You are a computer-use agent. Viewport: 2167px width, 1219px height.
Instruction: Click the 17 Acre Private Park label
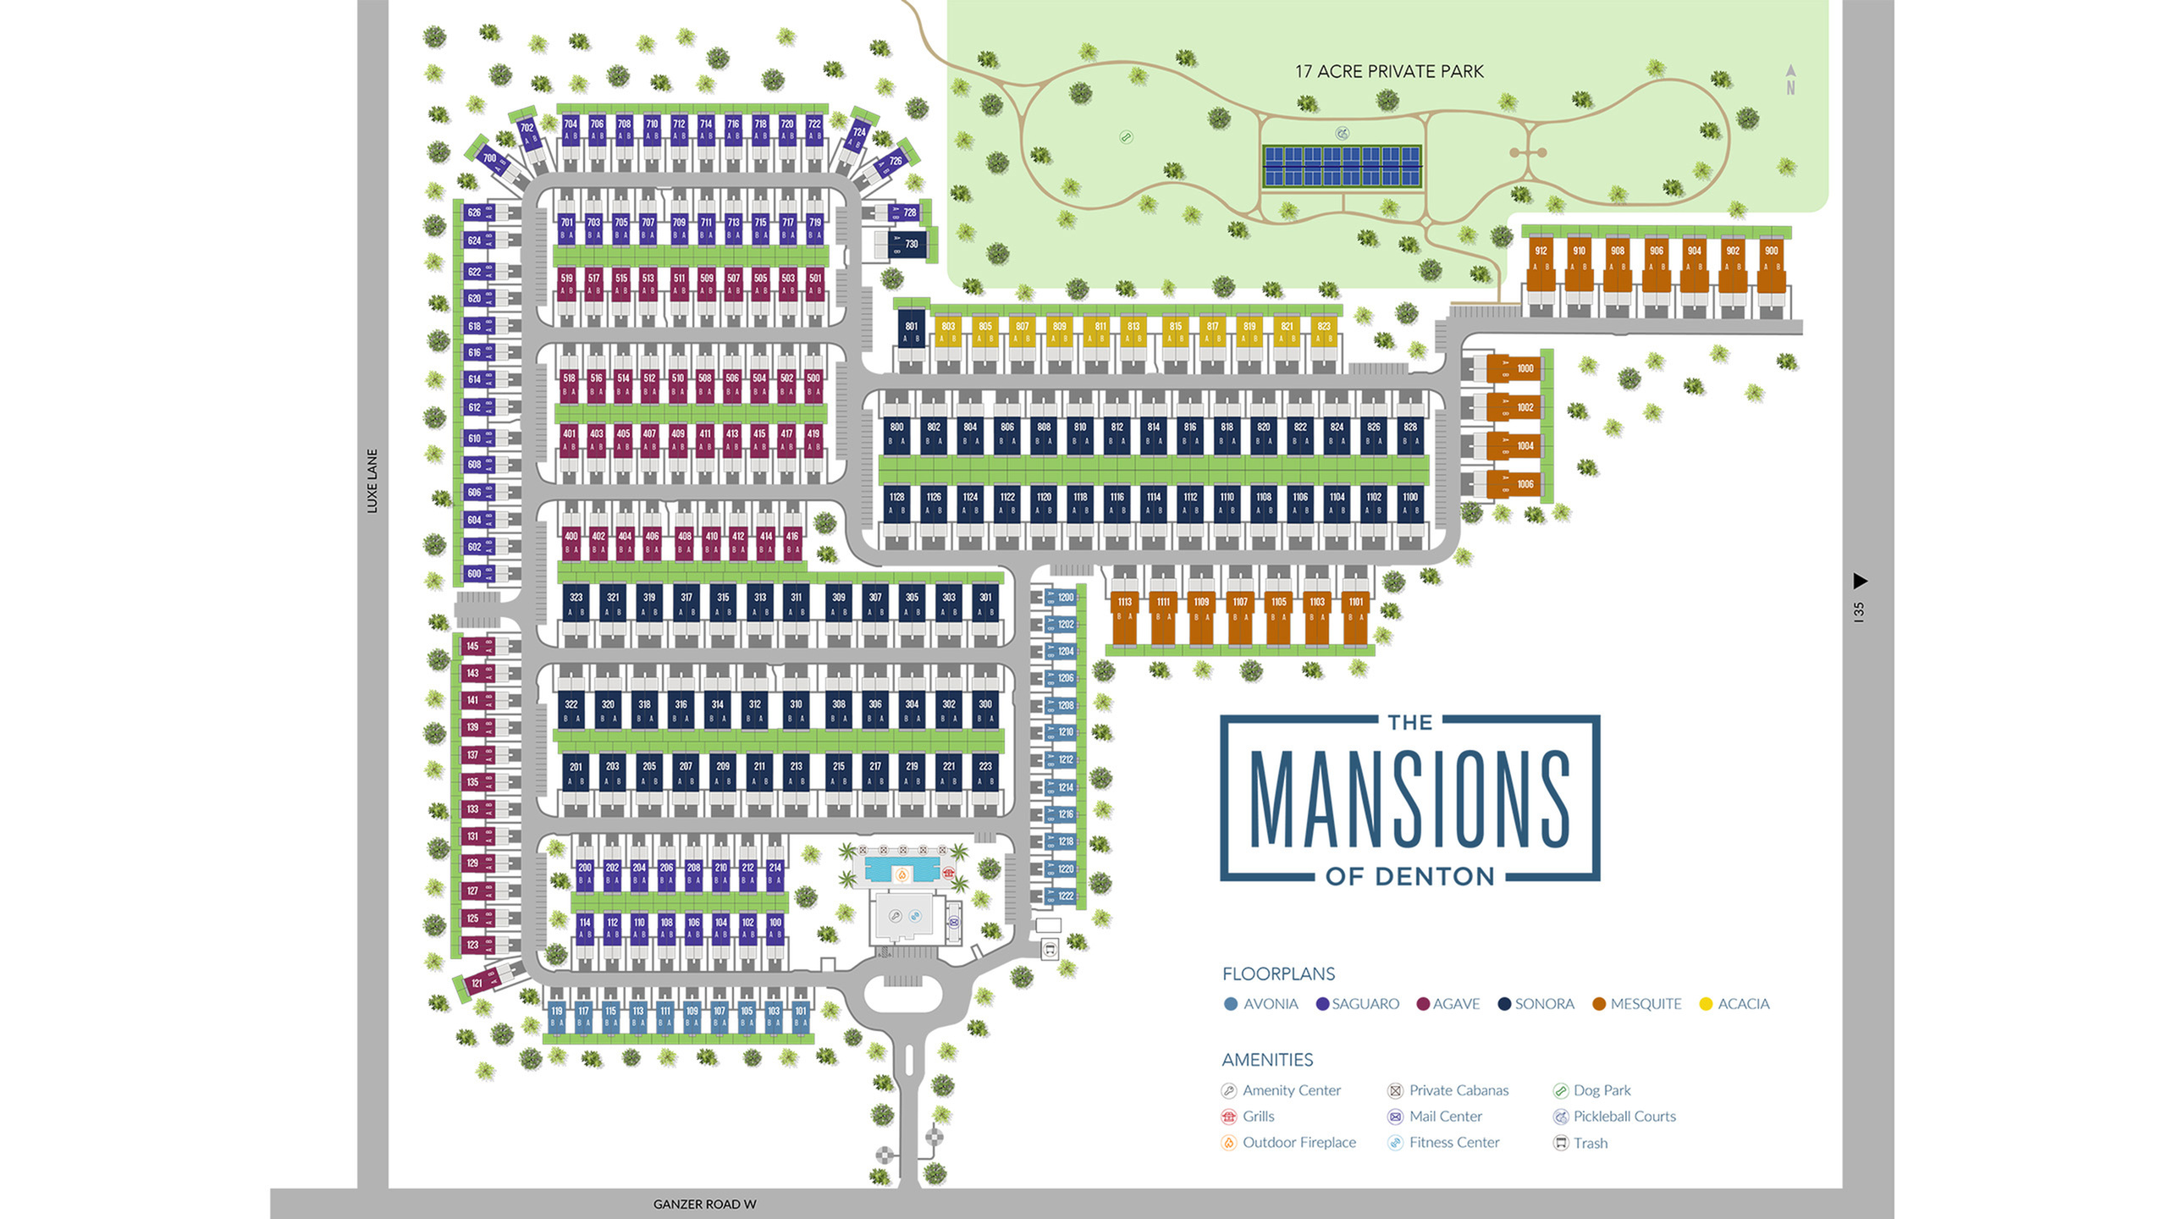[1389, 72]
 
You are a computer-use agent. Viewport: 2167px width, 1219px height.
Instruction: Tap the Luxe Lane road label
[372, 481]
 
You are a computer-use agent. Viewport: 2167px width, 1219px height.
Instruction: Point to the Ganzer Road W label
[704, 1204]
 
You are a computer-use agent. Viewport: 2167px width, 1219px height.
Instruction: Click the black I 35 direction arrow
[1860, 581]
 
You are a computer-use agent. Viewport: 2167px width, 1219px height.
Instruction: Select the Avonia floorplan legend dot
[1231, 1004]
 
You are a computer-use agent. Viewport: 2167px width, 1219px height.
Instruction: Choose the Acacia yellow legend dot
[1706, 1004]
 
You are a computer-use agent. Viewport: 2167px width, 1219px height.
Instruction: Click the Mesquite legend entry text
[1646, 1004]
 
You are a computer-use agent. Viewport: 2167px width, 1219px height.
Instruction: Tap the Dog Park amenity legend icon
[1561, 1091]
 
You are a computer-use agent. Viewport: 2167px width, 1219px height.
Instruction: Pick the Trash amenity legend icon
[1561, 1143]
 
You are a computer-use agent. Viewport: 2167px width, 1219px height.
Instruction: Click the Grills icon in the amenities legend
[1229, 1117]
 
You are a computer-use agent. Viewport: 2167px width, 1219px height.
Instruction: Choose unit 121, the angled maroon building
[477, 983]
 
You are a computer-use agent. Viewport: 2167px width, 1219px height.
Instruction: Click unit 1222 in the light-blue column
[1065, 896]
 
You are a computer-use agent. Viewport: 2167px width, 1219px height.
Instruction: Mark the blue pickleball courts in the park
[1342, 166]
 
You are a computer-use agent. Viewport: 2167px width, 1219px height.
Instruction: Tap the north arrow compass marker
[1790, 79]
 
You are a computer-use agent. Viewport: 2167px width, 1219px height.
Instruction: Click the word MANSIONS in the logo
[1409, 799]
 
